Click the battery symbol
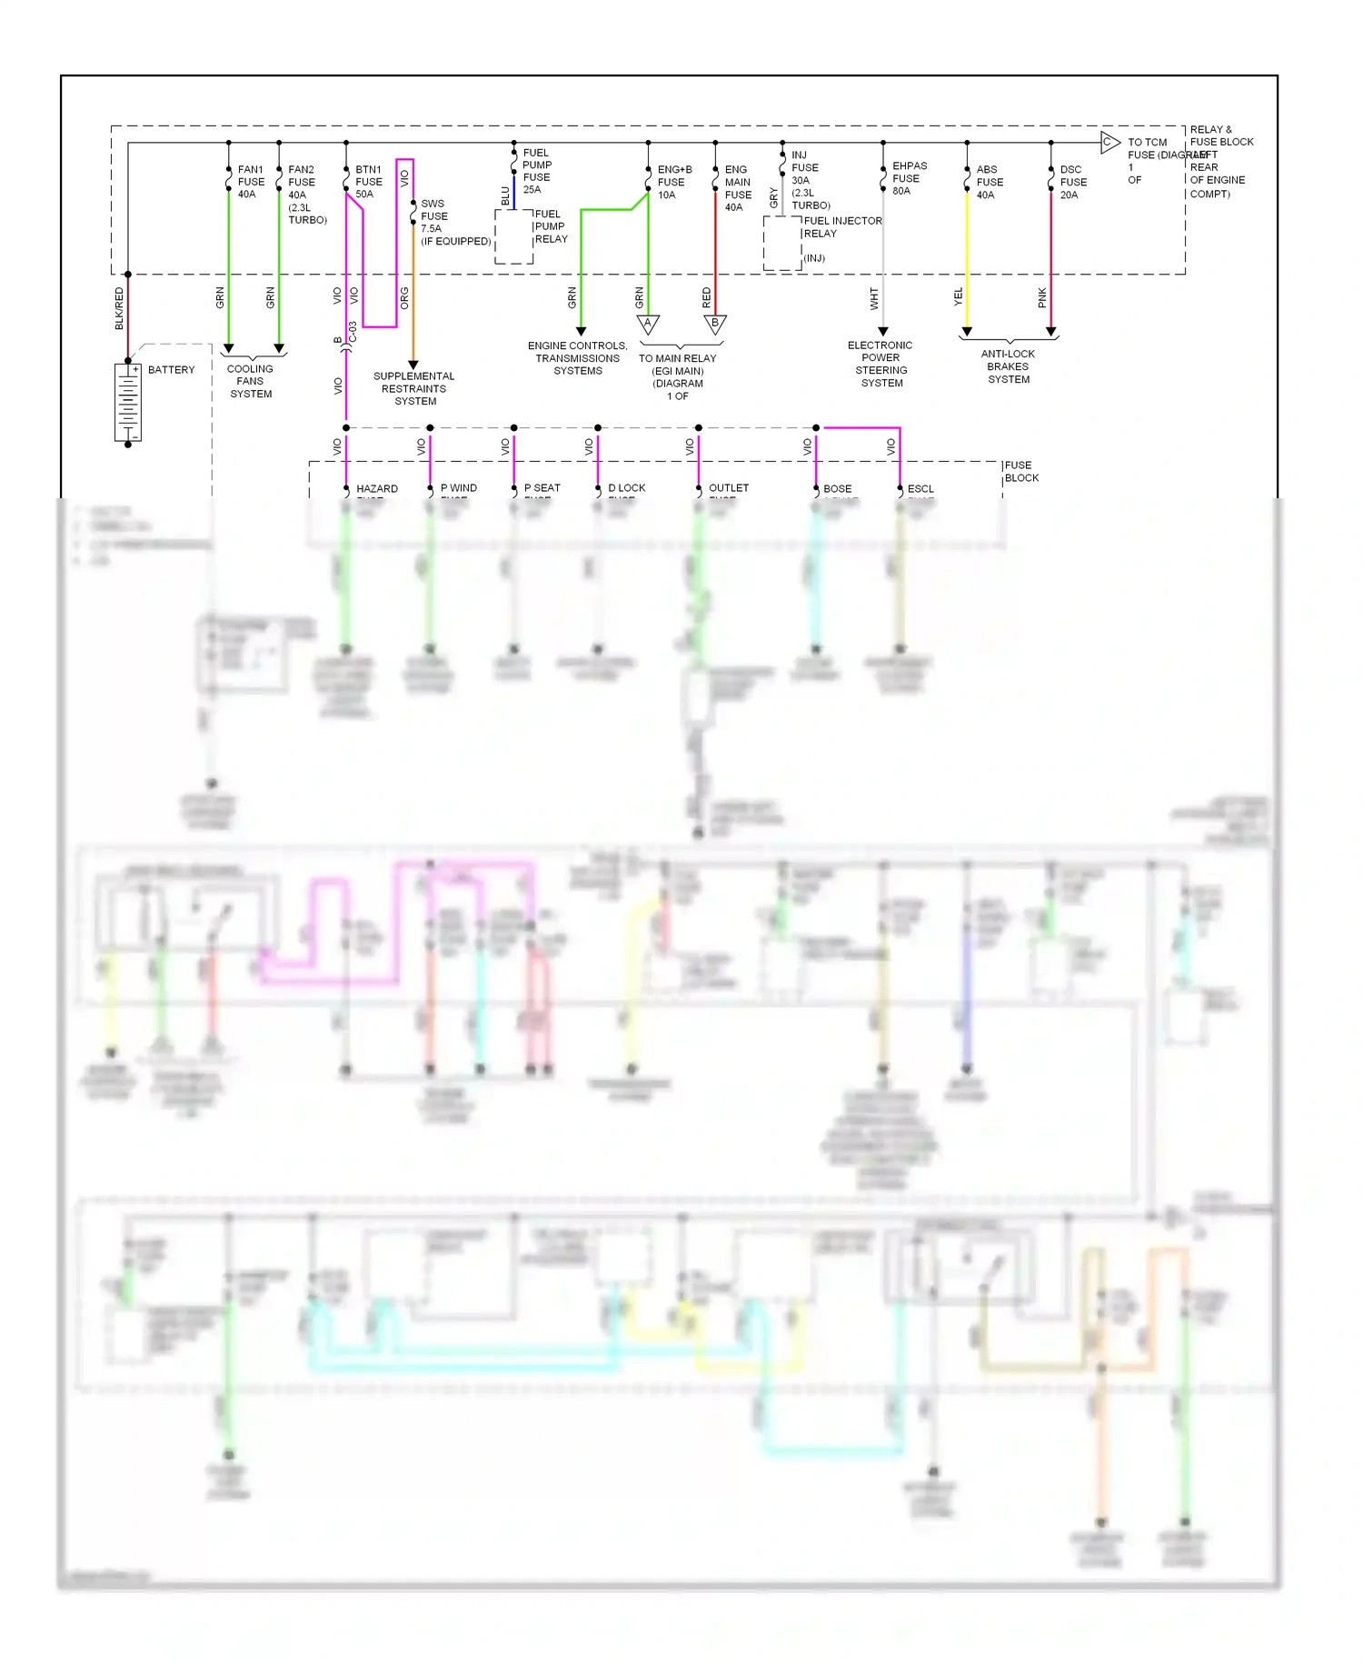click(128, 402)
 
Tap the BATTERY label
click(171, 370)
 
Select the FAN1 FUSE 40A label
click(251, 182)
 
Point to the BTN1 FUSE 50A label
click(369, 182)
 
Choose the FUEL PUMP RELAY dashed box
click(513, 236)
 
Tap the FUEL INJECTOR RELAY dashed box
click(781, 243)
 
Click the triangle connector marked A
click(648, 324)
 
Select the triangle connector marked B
click(715, 324)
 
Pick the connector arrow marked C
click(1109, 142)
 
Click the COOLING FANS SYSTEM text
click(251, 382)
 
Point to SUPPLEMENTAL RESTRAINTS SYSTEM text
click(414, 388)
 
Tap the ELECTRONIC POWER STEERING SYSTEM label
click(880, 364)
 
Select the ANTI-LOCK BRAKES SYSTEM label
click(1009, 366)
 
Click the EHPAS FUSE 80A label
click(909, 178)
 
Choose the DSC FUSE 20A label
click(1073, 182)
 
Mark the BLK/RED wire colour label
click(119, 308)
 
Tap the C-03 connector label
click(353, 332)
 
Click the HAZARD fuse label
click(377, 489)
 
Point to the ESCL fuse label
click(920, 489)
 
